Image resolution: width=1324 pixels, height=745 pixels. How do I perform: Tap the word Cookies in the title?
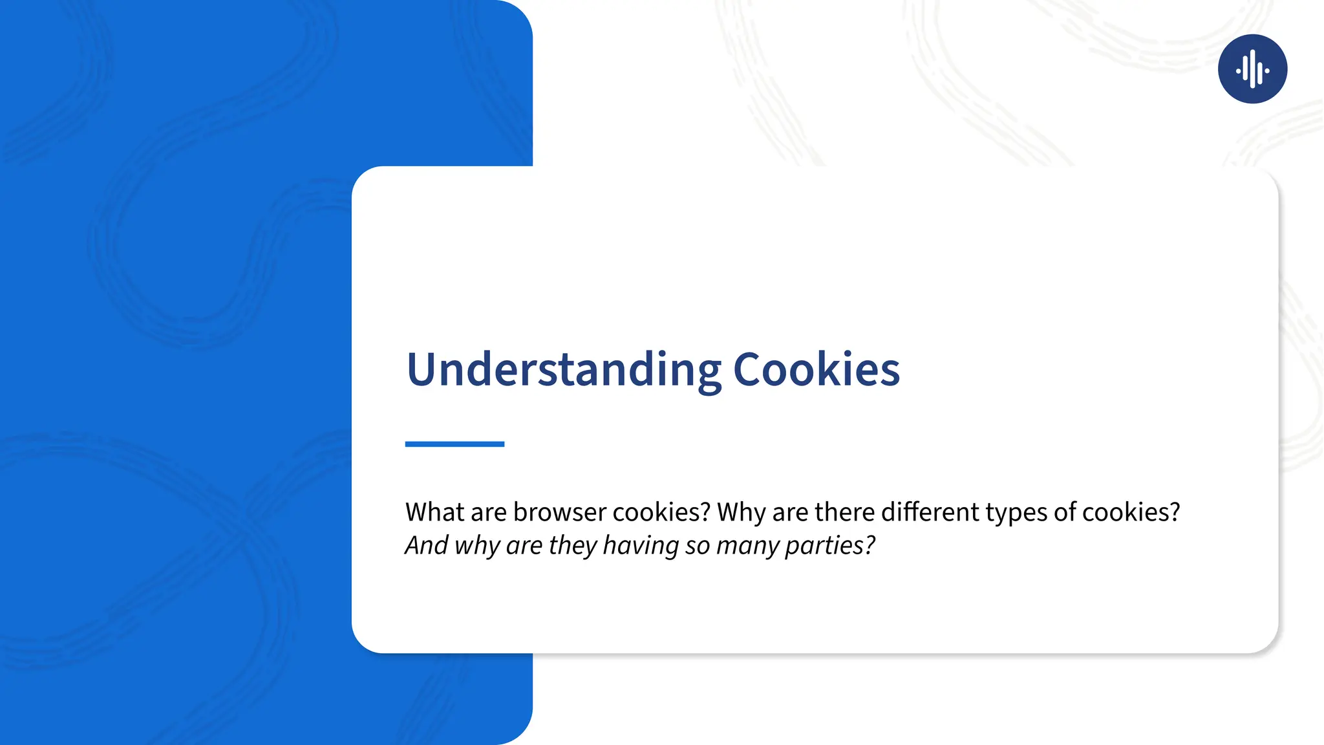(x=816, y=369)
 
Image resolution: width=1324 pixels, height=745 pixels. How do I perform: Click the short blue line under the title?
(x=454, y=444)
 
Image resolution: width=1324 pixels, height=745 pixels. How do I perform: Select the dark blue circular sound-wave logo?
(x=1252, y=69)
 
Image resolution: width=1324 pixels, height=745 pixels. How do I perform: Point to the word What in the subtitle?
(x=434, y=512)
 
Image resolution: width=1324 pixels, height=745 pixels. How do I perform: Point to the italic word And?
(x=427, y=545)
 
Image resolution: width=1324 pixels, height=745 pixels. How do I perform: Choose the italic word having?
(x=641, y=545)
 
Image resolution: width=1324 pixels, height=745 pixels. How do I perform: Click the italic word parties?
(x=824, y=545)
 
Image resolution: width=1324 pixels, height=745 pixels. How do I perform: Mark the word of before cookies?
(x=1065, y=512)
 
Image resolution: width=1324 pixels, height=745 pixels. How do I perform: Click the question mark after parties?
(x=870, y=545)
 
